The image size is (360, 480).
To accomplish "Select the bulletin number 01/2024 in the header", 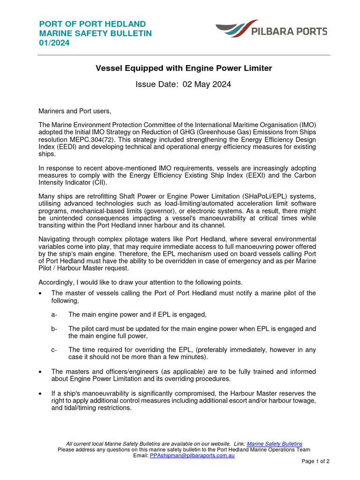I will [54, 43].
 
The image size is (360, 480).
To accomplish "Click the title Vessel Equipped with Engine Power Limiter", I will [184, 68].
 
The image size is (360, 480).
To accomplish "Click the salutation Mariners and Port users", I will [75, 111].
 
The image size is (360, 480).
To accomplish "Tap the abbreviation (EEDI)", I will [61, 147].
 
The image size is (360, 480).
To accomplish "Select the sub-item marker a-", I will [54, 314].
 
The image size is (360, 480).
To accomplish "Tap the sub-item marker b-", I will [54, 329].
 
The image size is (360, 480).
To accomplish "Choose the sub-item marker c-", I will [54, 350].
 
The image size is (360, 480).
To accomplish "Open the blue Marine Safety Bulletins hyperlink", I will [274, 443].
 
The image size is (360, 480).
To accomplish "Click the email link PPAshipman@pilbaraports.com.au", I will [192, 455].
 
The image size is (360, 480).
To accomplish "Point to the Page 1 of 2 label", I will [315, 461].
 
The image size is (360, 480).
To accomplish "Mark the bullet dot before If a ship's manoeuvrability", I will [41, 393].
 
